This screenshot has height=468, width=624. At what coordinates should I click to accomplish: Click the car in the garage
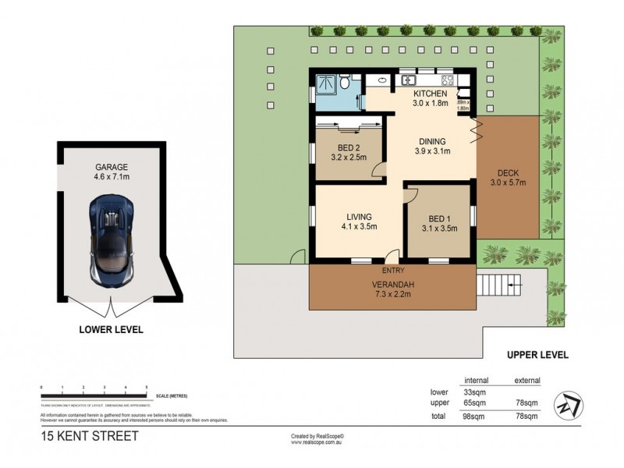111,239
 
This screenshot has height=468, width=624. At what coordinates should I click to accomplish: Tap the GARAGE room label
111,167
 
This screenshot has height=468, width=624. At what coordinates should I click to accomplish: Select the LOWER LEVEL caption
111,330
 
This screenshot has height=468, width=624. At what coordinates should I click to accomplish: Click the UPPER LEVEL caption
537,355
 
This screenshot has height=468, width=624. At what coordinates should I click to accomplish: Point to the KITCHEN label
430,94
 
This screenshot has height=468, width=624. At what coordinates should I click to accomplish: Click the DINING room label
434,140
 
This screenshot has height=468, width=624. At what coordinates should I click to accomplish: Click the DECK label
508,173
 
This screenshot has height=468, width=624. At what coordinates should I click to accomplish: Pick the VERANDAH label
391,285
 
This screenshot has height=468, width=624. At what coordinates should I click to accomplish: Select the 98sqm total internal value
476,417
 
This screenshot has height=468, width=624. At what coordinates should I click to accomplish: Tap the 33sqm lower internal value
476,392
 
